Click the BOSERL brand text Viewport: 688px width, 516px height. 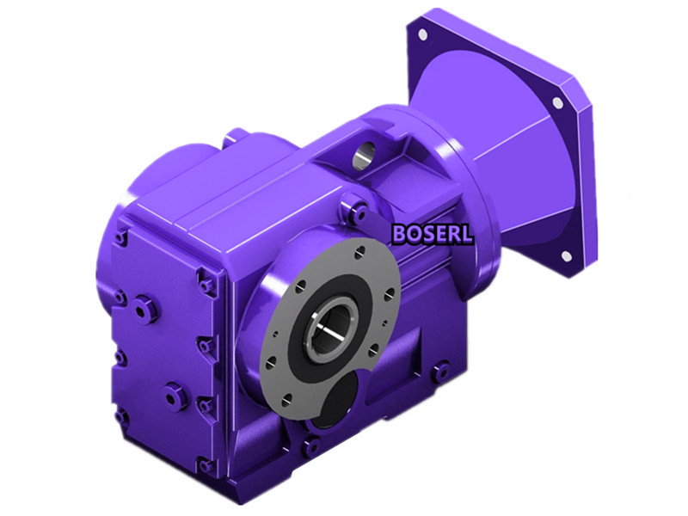click(x=433, y=233)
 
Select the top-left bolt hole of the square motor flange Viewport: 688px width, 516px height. click(x=422, y=34)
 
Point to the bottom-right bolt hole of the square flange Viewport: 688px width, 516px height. click(x=567, y=256)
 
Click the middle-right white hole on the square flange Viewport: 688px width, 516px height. click(x=557, y=102)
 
